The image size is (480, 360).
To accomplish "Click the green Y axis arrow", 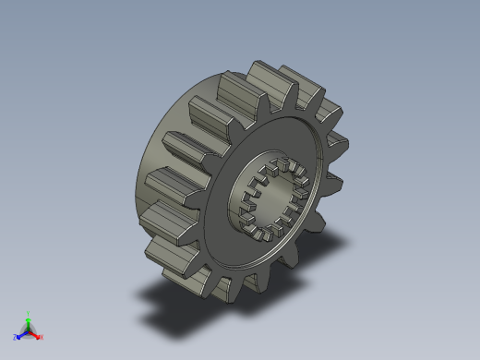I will tap(28, 321).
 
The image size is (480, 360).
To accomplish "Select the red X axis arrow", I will tap(36, 334).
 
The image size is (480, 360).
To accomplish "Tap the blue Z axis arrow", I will tap(21, 333).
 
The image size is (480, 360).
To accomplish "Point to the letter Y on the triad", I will tap(28, 313).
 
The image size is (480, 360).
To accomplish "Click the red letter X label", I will tap(42, 337).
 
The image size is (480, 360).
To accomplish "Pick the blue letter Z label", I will tap(16, 337).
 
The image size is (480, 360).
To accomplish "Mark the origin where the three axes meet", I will tap(28, 330).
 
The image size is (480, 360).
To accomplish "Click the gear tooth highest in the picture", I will tap(261, 72).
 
